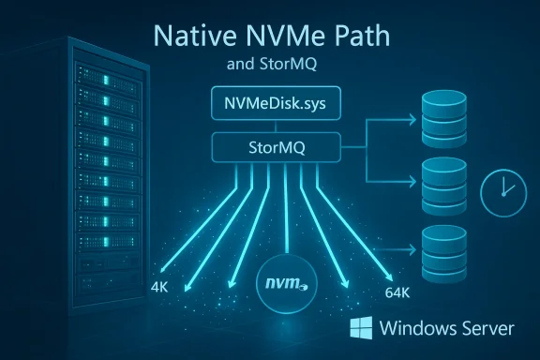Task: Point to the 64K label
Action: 397,292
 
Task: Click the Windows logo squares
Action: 360,328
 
